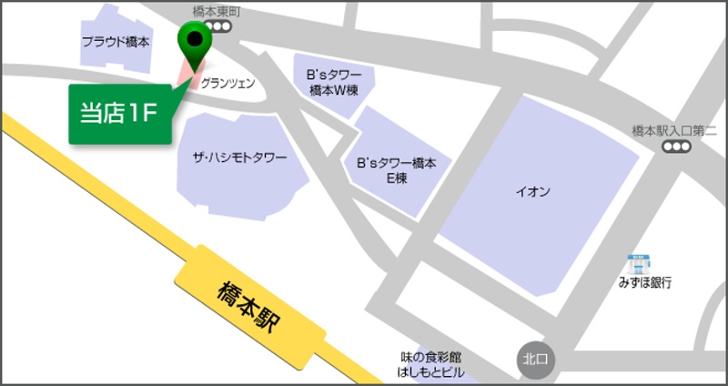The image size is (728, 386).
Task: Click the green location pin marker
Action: tap(194, 40)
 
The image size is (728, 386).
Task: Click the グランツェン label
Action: tap(227, 83)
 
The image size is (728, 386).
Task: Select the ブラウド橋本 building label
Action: tap(116, 42)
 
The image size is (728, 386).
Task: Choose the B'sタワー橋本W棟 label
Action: tap(334, 82)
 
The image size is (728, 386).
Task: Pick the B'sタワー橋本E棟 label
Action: tap(397, 170)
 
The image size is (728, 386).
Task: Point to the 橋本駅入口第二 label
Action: tap(674, 131)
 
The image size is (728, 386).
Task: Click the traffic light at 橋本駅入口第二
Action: tap(675, 147)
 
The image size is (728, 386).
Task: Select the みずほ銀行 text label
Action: tap(642, 283)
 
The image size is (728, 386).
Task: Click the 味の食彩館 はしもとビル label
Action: tap(431, 364)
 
